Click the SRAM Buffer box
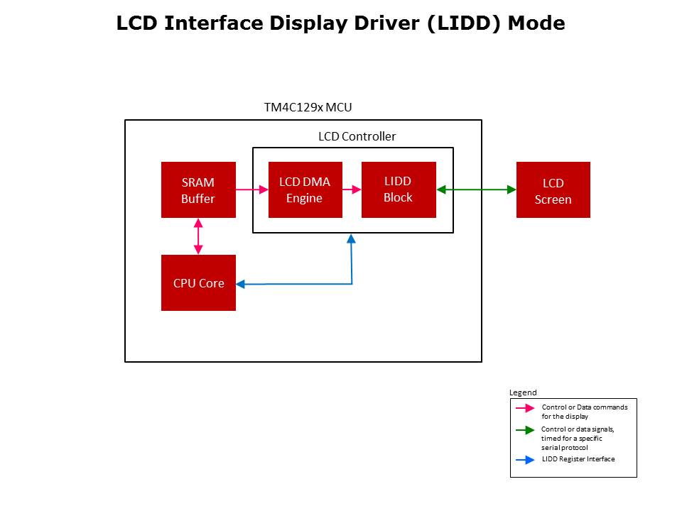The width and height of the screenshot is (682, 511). [x=198, y=190]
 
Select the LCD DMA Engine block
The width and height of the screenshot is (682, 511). [x=305, y=190]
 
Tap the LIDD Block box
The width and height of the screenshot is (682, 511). [x=399, y=189]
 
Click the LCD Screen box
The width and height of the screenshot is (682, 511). [x=553, y=190]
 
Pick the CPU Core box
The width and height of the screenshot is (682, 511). [x=198, y=282]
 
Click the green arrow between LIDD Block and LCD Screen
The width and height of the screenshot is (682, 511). [x=476, y=189]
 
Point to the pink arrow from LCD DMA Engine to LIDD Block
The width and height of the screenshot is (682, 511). [x=352, y=189]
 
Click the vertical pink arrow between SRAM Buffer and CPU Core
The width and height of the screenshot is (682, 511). [x=198, y=236]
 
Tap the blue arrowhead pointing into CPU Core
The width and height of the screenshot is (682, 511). [x=240, y=284]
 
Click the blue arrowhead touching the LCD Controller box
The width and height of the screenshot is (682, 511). [x=352, y=238]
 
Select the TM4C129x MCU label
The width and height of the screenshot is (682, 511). [x=308, y=108]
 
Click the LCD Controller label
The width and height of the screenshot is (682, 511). [x=357, y=136]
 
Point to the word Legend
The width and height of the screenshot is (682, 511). [x=523, y=392]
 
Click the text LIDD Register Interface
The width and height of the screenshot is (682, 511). [x=578, y=459]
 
